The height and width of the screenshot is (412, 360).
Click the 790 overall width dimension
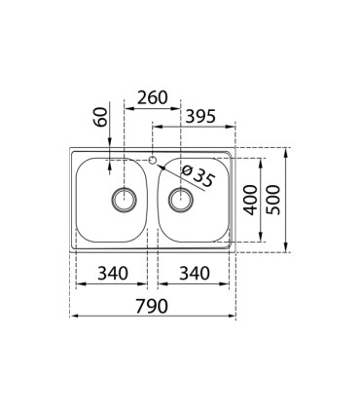click(152, 306)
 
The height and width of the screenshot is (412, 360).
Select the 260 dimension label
click(152, 97)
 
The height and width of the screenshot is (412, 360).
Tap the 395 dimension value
click(200, 116)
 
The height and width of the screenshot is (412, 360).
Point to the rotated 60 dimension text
click(101, 117)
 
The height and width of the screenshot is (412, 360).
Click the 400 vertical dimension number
click(250, 200)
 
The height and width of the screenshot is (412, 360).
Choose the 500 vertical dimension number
click(272, 200)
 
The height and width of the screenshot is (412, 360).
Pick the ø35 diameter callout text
click(198, 176)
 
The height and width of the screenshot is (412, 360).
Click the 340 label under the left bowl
click(113, 274)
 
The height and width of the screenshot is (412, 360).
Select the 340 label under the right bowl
click(195, 274)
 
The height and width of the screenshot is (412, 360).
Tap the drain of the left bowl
click(124, 200)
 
